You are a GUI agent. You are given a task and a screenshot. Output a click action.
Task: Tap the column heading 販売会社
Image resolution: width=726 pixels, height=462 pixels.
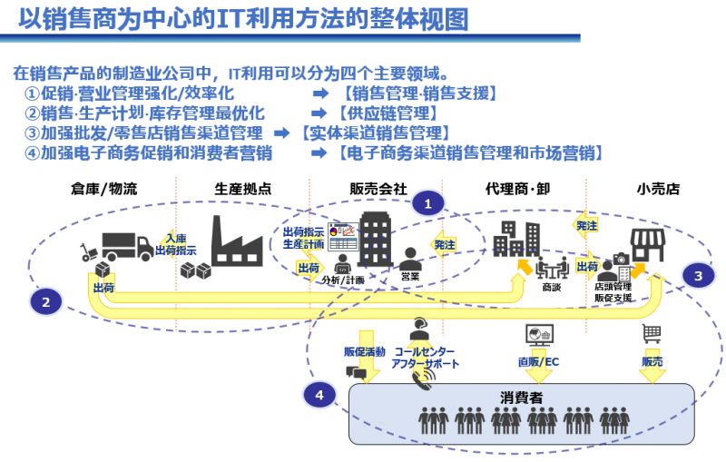pos(378,190)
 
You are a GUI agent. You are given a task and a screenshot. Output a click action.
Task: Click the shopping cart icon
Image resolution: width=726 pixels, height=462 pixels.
pos(652,333)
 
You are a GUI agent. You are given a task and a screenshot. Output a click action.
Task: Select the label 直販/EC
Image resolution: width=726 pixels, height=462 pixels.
pos(538,362)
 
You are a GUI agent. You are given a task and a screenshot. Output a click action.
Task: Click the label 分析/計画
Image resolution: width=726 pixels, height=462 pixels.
pos(345,280)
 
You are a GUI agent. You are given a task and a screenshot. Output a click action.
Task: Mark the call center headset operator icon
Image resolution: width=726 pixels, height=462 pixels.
pos(418,327)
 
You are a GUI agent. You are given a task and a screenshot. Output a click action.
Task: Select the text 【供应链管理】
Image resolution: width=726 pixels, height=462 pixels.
pos(385,113)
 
